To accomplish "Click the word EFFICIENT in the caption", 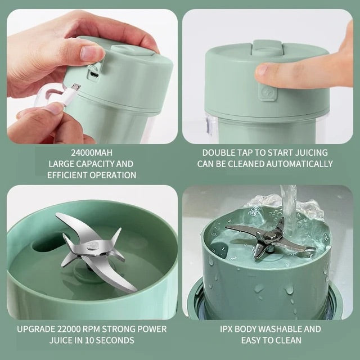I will (67, 175).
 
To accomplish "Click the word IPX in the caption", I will (227, 329).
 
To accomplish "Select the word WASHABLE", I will (273, 329).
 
